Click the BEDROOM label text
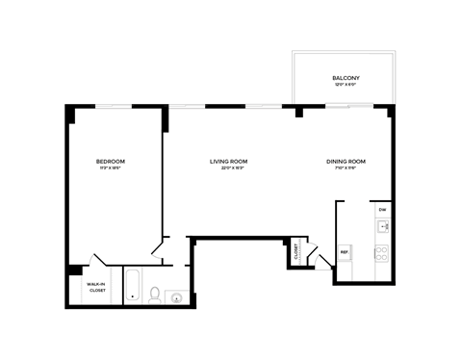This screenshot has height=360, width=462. pos(110,161)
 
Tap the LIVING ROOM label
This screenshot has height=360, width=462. pos(229,161)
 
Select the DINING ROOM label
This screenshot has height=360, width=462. pos(346,161)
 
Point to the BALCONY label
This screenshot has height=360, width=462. pos(346,77)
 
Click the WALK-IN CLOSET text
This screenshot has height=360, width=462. pos(96,287)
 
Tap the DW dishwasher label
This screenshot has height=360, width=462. pos(382,209)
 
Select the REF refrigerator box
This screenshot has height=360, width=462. pos(344,253)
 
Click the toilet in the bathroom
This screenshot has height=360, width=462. pos(154,296)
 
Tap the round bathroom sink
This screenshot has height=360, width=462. pos(175,297)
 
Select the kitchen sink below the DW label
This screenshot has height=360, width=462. pos(382,228)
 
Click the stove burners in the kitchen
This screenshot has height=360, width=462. pos(382,254)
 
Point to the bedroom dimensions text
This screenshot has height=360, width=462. pos(110,168)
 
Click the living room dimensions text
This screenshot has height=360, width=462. pos(229,168)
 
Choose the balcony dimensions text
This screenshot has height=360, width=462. pos(346,85)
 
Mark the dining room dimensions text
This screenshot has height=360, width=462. pos(346,168)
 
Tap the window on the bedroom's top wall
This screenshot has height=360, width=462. pos(113,108)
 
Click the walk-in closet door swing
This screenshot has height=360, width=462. pos(96,262)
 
